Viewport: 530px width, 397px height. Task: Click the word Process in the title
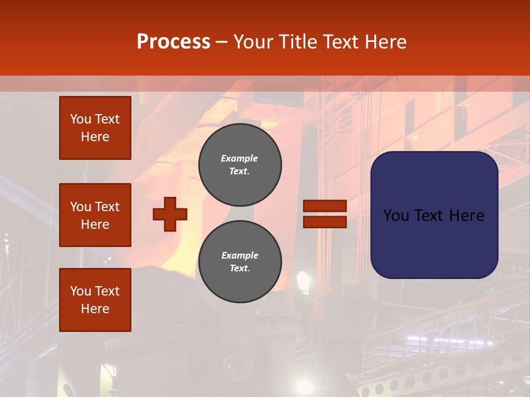[x=173, y=41]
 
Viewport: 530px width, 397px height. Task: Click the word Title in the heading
[x=301, y=41]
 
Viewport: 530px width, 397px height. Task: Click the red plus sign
[x=170, y=214]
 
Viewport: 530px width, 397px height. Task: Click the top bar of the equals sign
[x=325, y=206]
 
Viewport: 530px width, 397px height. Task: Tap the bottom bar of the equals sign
[x=325, y=222]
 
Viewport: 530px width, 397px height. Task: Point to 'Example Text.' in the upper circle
[x=240, y=165]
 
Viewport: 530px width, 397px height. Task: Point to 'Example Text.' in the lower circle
[x=240, y=262]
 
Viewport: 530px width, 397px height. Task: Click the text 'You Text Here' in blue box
[x=433, y=216]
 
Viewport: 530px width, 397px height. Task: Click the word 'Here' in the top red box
[x=95, y=137]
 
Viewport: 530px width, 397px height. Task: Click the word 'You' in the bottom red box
[x=81, y=291]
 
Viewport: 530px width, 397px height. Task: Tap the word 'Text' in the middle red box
[x=107, y=207]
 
